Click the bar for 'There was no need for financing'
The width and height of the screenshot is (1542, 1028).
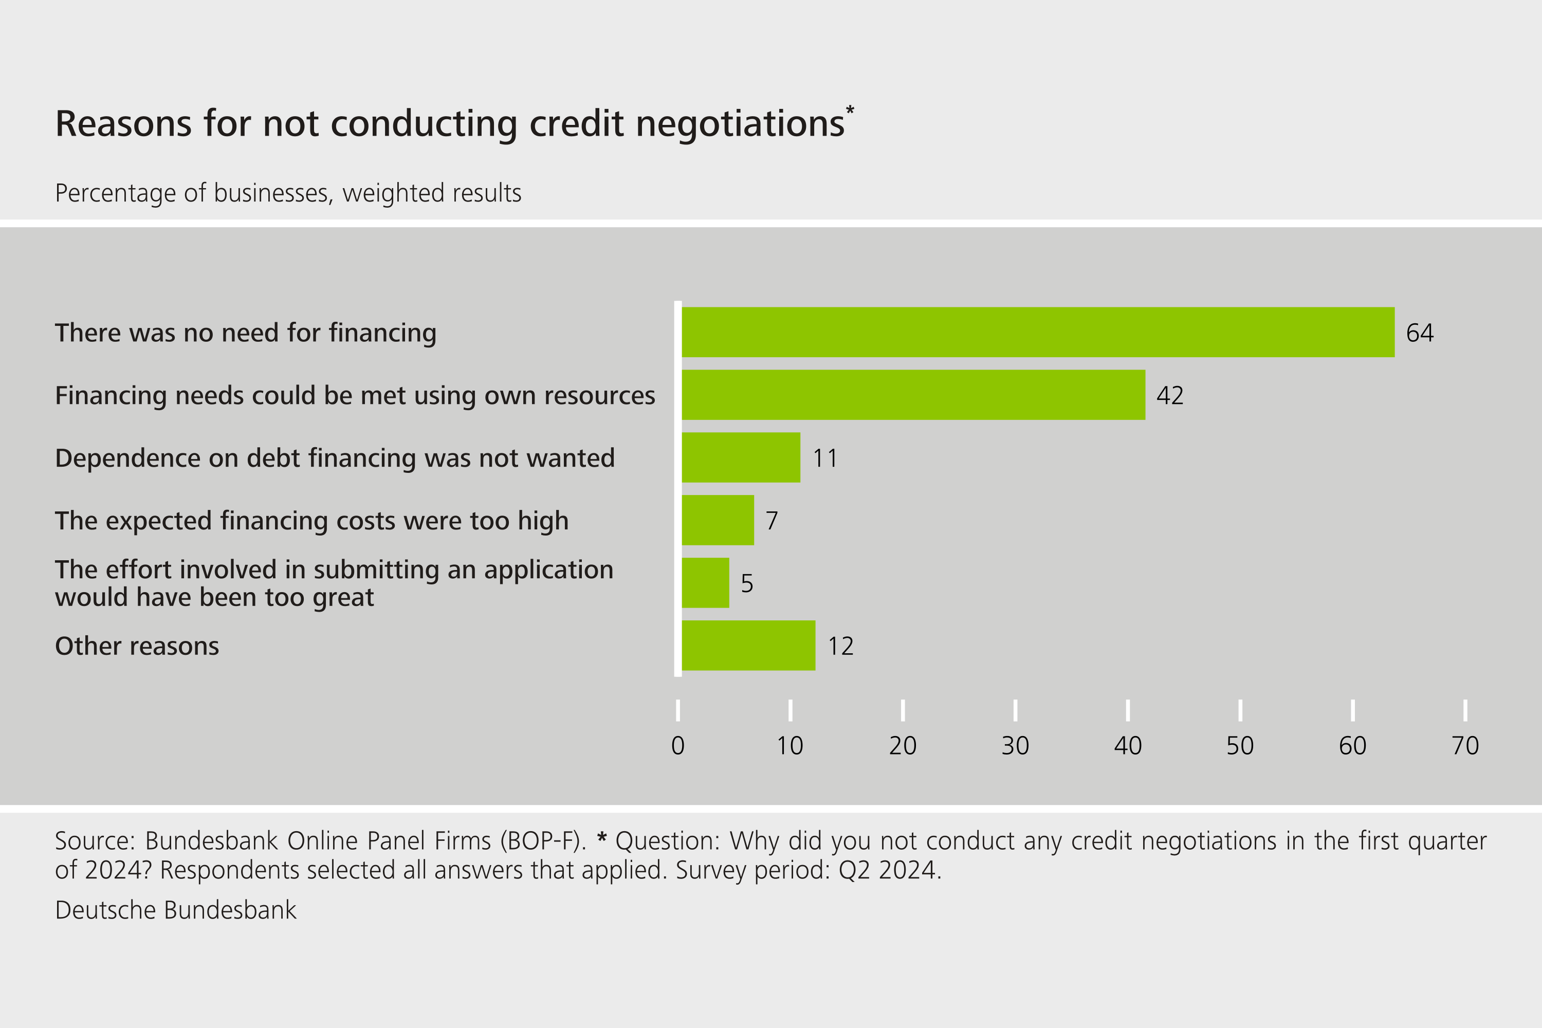(1038, 333)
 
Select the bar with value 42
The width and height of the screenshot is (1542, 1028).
(913, 395)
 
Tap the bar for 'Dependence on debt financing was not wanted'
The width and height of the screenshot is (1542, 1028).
(741, 457)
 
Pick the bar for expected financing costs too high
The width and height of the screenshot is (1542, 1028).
(718, 520)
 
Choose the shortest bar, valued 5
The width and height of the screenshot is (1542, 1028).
(705, 583)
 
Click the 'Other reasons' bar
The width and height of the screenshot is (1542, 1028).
(749, 646)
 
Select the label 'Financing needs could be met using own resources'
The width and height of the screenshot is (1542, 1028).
(355, 395)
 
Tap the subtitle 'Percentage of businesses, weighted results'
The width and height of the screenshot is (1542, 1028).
(288, 193)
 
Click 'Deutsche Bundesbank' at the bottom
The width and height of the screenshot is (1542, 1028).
(176, 910)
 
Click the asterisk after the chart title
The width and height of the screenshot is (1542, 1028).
(850, 110)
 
